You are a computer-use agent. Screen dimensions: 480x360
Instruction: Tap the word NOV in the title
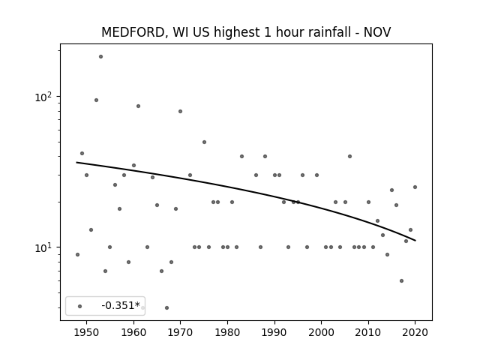click(377, 32)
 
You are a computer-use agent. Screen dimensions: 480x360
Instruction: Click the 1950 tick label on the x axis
click(87, 332)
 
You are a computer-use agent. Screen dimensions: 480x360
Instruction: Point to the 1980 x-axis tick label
click(227, 332)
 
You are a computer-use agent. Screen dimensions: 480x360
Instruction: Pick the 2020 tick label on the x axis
click(415, 332)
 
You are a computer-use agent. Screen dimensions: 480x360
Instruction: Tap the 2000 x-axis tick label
click(322, 332)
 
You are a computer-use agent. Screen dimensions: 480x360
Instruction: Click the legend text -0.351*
click(121, 305)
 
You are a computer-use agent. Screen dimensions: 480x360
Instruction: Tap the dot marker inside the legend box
click(80, 306)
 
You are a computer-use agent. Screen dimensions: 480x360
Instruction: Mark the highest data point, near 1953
click(100, 57)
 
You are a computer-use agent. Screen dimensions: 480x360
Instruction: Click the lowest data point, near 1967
click(166, 307)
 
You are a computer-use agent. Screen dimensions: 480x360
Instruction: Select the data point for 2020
click(415, 187)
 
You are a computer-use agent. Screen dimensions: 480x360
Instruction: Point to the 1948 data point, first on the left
click(77, 255)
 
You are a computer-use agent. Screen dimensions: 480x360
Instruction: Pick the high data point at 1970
click(180, 112)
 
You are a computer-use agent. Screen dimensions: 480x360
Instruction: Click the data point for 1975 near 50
click(204, 142)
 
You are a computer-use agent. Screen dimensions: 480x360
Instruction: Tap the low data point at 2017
click(401, 280)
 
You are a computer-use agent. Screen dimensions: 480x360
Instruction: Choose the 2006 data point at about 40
click(349, 157)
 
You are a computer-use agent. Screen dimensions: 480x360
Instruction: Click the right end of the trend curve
click(415, 241)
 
